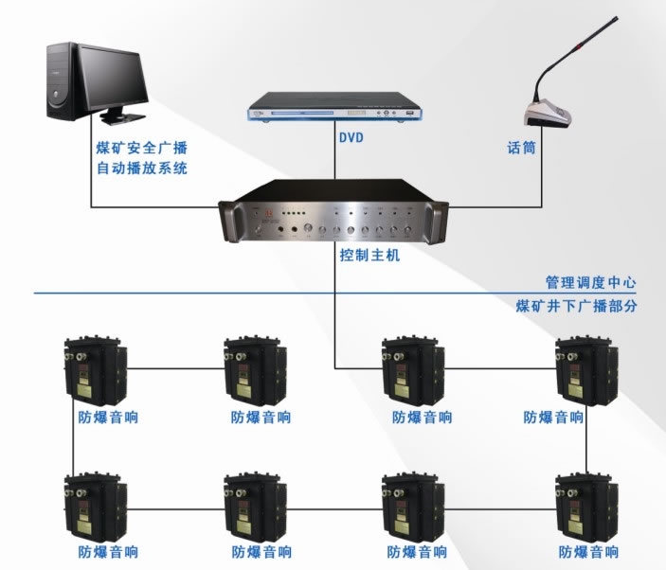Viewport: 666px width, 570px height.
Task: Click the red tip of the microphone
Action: click(x=616, y=18)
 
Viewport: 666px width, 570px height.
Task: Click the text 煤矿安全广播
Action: click(x=142, y=149)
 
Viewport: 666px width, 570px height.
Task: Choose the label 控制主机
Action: click(x=370, y=256)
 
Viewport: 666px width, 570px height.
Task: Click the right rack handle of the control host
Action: click(x=439, y=221)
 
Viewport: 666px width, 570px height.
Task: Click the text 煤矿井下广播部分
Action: click(x=576, y=307)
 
